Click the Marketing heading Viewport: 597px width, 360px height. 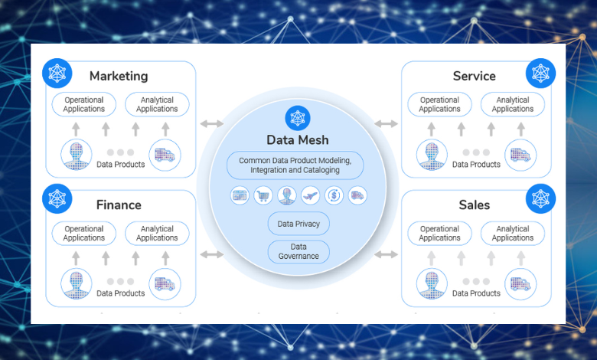point(119,76)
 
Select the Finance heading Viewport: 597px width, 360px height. point(119,205)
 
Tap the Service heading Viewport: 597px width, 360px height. point(474,76)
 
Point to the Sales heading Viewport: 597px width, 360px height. point(474,205)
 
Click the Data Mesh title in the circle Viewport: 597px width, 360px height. point(297,139)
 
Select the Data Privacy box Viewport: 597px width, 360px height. point(298,224)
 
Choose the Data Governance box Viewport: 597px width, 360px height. point(298,252)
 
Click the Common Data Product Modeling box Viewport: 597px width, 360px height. point(295,165)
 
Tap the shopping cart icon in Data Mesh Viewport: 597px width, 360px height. point(263,195)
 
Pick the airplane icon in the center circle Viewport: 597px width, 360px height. point(310,195)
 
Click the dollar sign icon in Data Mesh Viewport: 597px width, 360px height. point(334,195)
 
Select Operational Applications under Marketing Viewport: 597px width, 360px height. point(84,105)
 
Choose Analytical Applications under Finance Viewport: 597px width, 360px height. point(157,234)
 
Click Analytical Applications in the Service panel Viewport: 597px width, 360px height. point(512,105)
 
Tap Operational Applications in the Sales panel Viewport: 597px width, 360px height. point(439,234)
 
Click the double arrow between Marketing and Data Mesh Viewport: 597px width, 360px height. point(211,123)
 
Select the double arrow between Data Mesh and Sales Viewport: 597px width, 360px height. point(387,254)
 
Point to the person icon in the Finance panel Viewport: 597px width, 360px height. point(76,284)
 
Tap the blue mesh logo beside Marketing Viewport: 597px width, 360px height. point(57,73)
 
